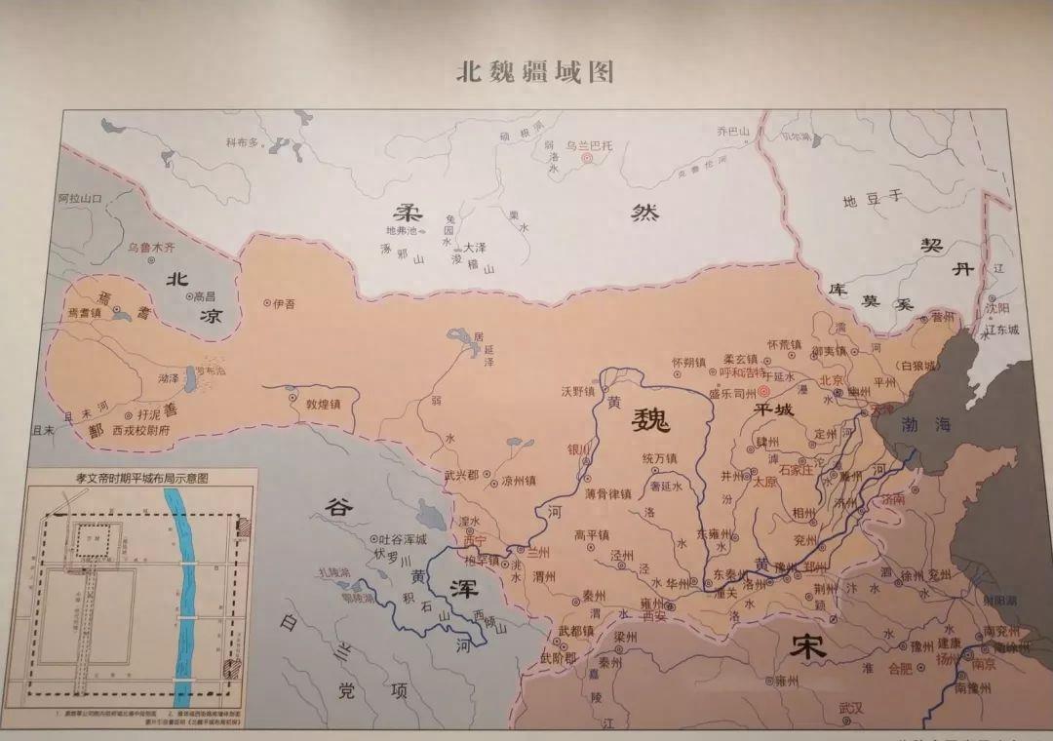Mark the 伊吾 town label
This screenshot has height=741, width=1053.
click(284, 303)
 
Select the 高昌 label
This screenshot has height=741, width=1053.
click(205, 295)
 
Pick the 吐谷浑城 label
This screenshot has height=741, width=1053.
click(399, 540)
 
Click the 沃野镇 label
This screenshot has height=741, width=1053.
click(576, 390)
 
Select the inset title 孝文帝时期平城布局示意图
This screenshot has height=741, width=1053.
click(142, 478)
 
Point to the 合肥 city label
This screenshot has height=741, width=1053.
click(878, 669)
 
